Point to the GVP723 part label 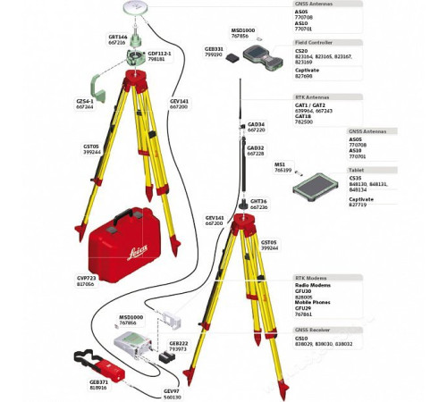(86, 280)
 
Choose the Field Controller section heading (316, 42)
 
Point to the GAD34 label (256, 126)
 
